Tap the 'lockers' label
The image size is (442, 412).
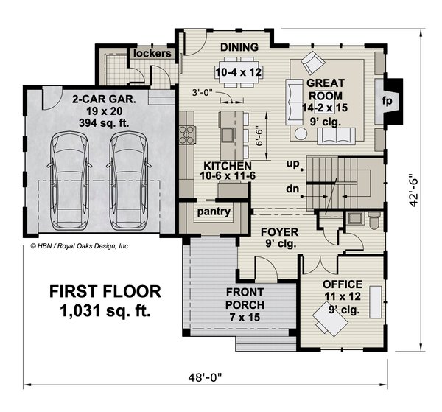152,54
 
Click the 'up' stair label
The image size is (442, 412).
293,164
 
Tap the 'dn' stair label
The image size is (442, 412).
292,189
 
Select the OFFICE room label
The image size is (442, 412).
343,284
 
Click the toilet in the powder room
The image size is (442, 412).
373,218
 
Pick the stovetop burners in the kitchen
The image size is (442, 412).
187,134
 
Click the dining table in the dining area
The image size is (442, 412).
237,71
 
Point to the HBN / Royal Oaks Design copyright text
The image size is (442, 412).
79,247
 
